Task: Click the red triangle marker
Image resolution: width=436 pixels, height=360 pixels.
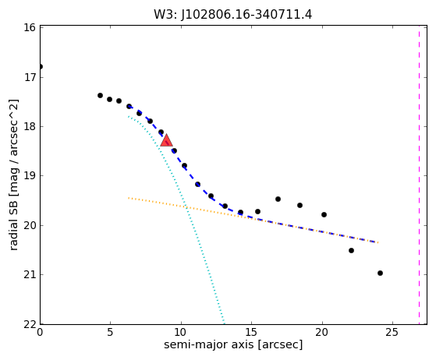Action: pos(167,140)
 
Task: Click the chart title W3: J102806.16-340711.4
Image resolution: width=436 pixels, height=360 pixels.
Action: pos(233,14)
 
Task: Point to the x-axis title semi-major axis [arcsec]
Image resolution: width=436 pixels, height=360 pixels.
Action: pos(233,344)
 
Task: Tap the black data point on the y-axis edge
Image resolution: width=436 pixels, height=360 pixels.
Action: pos(41,67)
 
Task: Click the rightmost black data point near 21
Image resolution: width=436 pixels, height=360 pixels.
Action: pos(380,273)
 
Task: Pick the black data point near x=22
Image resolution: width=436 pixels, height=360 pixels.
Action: pos(351,251)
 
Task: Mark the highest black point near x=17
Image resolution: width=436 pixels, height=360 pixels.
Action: pos(278,199)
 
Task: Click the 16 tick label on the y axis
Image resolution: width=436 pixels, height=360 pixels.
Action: pos(30,27)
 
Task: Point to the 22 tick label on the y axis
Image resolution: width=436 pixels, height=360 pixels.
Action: pos(30,324)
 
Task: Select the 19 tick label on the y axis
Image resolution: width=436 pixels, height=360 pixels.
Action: pos(30,176)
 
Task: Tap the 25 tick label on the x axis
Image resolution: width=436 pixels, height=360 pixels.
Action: pos(392,332)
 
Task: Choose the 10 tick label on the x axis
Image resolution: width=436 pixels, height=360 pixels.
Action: pos(181,332)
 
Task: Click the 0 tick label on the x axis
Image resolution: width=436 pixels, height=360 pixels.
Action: pos(40,332)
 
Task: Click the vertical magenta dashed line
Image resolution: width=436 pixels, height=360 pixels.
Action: pos(419,175)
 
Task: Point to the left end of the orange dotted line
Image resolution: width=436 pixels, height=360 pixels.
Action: pos(129,198)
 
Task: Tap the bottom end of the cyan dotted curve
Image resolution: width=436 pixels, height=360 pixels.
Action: pos(224,323)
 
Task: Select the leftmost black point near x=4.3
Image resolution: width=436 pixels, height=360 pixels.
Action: pos(100,96)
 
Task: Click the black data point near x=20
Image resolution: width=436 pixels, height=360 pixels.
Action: pos(324,215)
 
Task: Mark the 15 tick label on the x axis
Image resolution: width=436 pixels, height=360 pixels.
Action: pos(251,332)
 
